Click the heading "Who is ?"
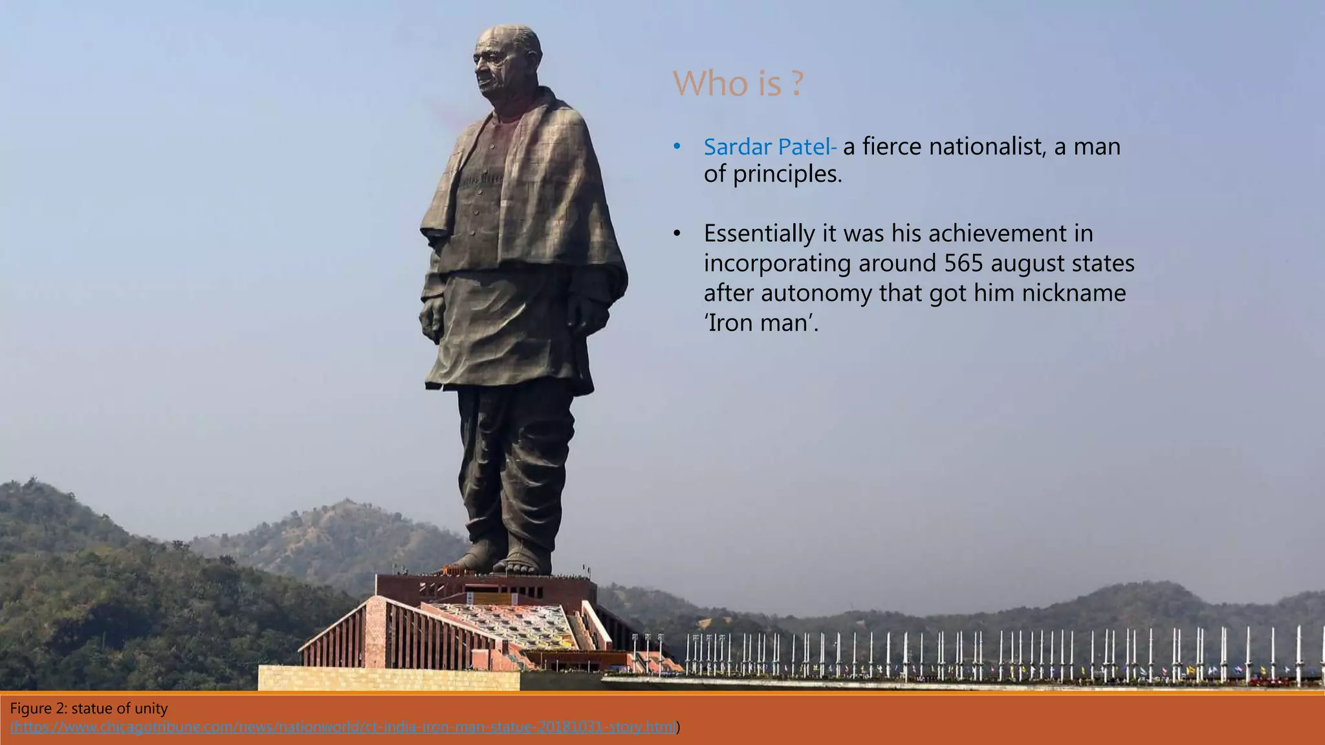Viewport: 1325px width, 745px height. pyautogui.click(x=738, y=83)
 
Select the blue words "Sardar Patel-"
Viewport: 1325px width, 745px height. pyautogui.click(x=770, y=147)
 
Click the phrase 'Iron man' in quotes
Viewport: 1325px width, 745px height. pyautogui.click(x=760, y=322)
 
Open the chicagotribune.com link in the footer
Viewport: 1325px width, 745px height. pyautogui.click(x=344, y=728)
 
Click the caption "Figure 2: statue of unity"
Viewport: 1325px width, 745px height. pyautogui.click(x=89, y=709)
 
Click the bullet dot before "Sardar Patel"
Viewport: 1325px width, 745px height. pyautogui.click(x=677, y=147)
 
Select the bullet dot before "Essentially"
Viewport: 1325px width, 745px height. pyautogui.click(x=677, y=233)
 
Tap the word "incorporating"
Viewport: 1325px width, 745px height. pyautogui.click(x=777, y=264)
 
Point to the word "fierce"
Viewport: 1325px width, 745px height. pyautogui.click(x=892, y=147)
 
